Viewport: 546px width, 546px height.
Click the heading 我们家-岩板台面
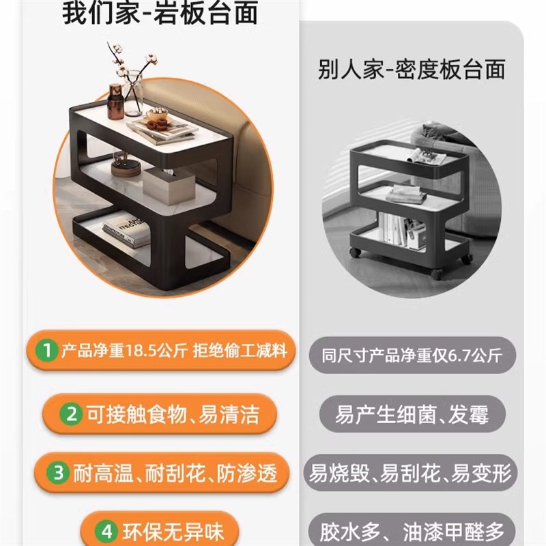pyautogui.click(x=160, y=14)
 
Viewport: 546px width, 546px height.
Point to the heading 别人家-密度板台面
pyautogui.click(x=412, y=70)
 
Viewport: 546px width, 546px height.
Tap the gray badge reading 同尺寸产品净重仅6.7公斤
pyautogui.click(x=412, y=356)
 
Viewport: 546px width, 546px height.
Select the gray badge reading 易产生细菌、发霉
pyautogui.click(x=412, y=414)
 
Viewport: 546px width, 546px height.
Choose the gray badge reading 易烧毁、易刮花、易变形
pyautogui.click(x=412, y=473)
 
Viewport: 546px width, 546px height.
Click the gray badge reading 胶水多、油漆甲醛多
pyautogui.click(x=412, y=532)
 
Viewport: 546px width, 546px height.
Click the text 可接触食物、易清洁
pyautogui.click(x=172, y=414)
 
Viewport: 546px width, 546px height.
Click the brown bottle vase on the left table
pyautogui.click(x=115, y=103)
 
